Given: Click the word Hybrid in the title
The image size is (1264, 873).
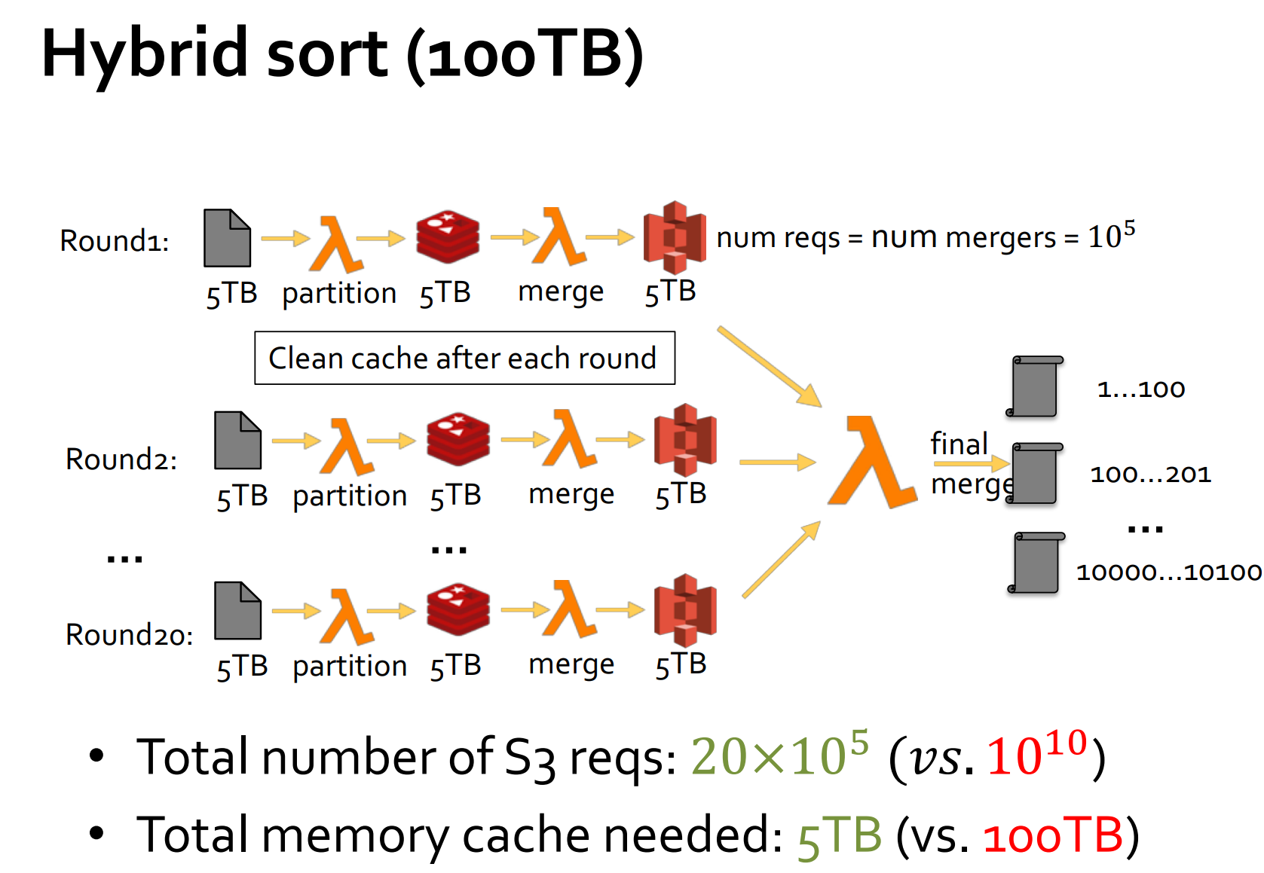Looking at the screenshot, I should click(x=143, y=54).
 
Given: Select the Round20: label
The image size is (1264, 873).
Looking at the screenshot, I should click(x=129, y=635).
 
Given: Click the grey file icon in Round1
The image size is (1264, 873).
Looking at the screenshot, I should click(x=227, y=238).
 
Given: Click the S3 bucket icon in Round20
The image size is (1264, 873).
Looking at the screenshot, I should click(x=685, y=610).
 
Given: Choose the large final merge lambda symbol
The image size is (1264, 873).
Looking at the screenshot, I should click(x=872, y=462).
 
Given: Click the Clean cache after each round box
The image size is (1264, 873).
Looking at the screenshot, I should click(x=464, y=359).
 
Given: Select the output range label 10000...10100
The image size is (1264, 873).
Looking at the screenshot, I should click(x=1168, y=572).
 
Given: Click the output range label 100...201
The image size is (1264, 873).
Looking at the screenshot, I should click(x=1150, y=475).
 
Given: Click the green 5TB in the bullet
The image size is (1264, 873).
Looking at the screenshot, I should click(x=840, y=835).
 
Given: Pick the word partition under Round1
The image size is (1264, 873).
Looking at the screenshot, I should click(x=339, y=293).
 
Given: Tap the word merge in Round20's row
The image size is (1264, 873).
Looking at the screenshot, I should click(x=571, y=664).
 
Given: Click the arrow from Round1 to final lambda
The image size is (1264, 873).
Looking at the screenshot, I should click(x=769, y=367).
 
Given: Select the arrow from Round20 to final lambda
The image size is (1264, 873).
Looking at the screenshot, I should click(x=781, y=559).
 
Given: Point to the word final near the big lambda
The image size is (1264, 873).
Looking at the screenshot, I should click(x=959, y=444).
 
